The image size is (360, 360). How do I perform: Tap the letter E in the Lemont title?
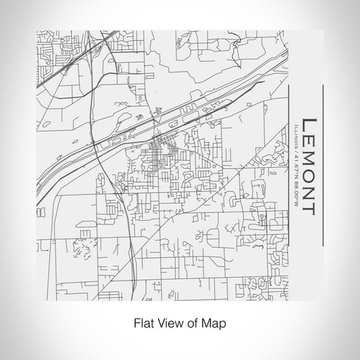[308, 134]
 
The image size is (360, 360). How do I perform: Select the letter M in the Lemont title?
[308, 154]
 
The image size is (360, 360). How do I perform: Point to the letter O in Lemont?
[308, 175]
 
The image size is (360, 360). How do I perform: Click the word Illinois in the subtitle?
[292, 133]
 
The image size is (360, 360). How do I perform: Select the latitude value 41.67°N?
[292, 163]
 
